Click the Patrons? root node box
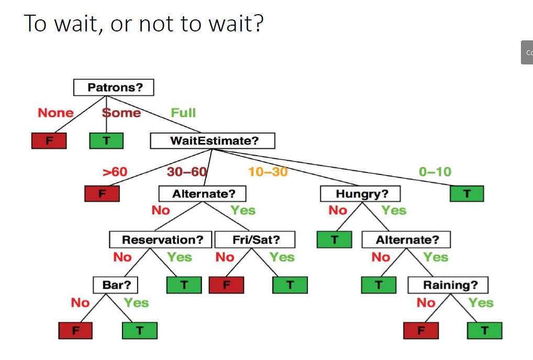click(114, 88)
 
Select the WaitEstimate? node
click(213, 140)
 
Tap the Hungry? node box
click(361, 194)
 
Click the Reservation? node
click(161, 239)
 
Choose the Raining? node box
click(448, 285)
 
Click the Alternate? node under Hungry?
click(406, 240)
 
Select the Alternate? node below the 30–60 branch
click(204, 194)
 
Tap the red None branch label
click(55, 113)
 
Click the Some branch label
click(121, 113)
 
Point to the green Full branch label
click(183, 113)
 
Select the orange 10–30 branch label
click(268, 171)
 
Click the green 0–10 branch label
click(435, 171)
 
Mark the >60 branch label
click(115, 171)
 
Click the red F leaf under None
click(49, 140)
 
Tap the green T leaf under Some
click(106, 140)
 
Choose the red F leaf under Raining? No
click(421, 331)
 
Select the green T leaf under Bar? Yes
click(139, 331)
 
